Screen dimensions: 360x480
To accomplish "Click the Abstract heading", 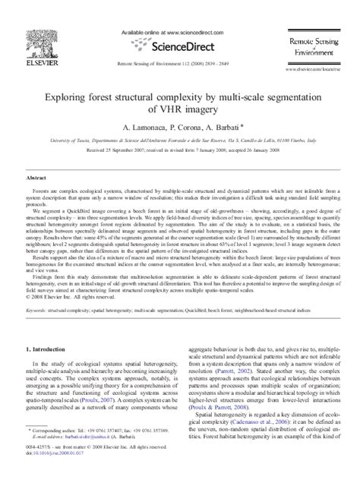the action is pos(39,176).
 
